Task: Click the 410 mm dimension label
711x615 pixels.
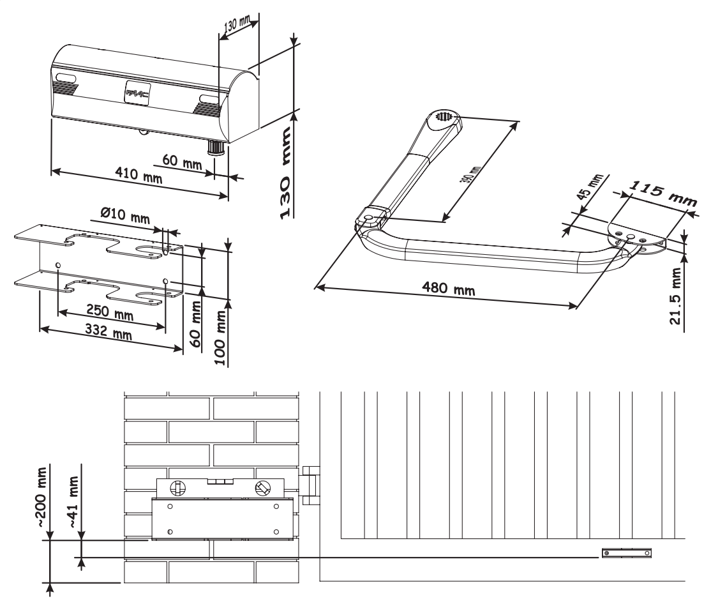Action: (x=138, y=174)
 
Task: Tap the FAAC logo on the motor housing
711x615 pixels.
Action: (x=137, y=94)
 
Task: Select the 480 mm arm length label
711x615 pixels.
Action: (x=449, y=288)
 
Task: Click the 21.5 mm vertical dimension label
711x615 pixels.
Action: (x=676, y=296)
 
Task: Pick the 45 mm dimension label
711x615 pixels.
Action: (x=590, y=186)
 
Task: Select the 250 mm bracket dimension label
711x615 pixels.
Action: (x=110, y=312)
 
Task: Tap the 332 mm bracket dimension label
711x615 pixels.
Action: (x=109, y=331)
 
